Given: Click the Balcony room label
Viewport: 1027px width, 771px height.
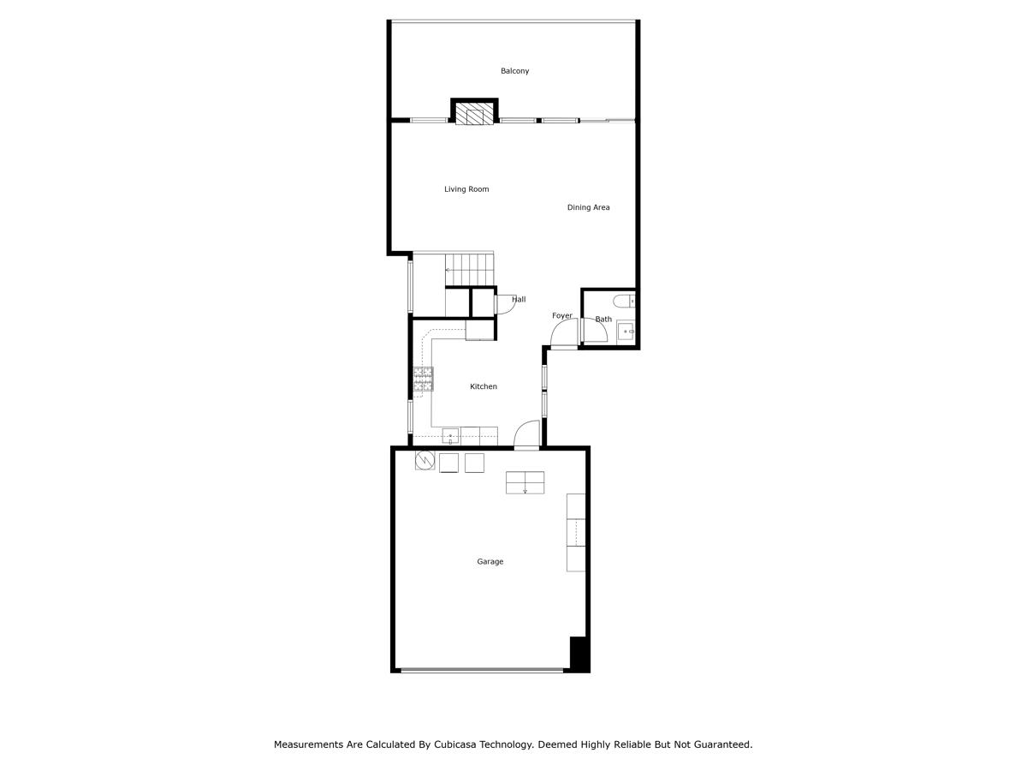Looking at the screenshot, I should point(514,71).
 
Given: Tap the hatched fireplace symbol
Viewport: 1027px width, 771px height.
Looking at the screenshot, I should point(474,115).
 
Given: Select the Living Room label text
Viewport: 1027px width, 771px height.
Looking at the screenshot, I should point(466,189).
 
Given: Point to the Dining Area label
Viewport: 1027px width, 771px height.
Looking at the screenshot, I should point(588,207).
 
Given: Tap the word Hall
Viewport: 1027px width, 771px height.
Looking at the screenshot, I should point(519,300).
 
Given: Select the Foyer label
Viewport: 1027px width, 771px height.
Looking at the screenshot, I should point(561,316).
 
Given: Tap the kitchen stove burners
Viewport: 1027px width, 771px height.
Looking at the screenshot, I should point(423,380).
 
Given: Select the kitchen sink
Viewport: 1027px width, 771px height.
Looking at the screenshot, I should point(450,437).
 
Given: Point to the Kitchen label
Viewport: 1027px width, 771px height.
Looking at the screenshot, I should point(484,387).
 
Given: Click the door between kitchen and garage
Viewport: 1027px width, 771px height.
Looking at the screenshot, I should point(526,435).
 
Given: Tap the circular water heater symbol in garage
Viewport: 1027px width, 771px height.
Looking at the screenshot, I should point(424,462).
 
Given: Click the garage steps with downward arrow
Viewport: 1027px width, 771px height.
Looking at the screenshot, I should point(525,482).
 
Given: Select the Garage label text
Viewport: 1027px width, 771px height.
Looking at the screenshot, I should point(490,562).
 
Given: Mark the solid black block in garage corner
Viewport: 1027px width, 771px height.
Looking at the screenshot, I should point(579,654).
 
